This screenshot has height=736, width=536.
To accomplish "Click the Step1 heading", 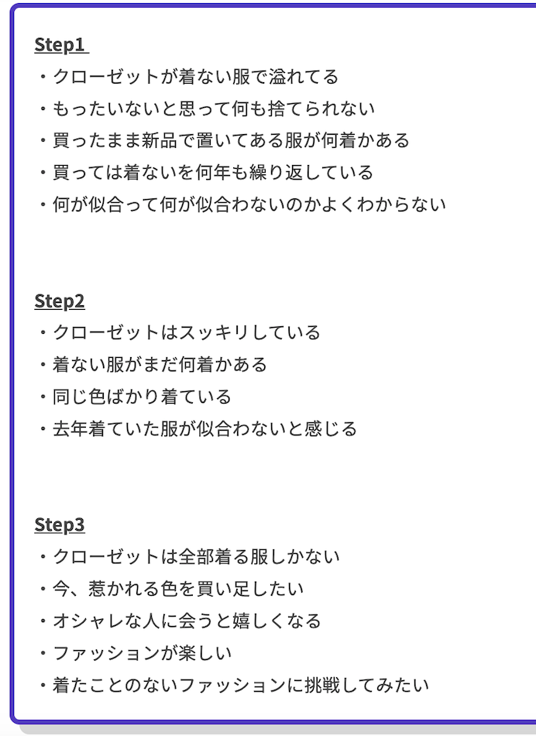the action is pos(60,45).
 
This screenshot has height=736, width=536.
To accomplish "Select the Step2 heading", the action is pos(60,301).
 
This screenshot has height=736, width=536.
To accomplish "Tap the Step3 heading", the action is pos(60,524).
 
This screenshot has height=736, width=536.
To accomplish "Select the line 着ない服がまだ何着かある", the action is pos(160,364).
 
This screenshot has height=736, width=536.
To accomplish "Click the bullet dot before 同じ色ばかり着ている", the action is pos(43,397).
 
